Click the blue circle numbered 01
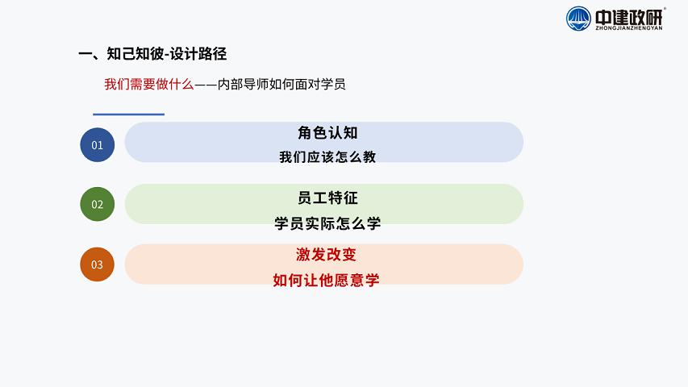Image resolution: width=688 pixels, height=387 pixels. coord(98,145)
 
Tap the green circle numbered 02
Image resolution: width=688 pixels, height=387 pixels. coord(98,204)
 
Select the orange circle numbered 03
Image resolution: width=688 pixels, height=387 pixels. coord(97,264)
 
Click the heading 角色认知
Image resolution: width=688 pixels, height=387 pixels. coord(327,132)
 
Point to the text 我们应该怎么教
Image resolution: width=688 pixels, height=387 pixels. coord(327,156)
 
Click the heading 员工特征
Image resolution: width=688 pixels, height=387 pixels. coord(327,198)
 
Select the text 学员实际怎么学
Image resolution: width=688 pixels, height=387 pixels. coord(327,223)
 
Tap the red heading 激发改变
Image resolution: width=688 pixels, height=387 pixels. coord(326,254)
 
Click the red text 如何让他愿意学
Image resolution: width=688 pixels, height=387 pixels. coord(326,280)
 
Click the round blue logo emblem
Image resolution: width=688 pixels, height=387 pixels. coord(578,19)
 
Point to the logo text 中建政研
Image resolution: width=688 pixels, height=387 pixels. coord(629,17)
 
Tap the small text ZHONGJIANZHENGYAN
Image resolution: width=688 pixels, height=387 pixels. coord(629,28)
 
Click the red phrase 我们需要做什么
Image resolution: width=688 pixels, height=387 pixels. coord(148,84)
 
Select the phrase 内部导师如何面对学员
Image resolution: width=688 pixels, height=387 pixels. coord(281,84)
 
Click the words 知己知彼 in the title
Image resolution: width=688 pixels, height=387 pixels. coord(135,53)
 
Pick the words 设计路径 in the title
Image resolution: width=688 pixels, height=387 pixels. coord(198,53)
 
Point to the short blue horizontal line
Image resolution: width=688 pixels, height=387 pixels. coord(128,114)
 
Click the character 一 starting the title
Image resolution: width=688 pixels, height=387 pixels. coord(85,54)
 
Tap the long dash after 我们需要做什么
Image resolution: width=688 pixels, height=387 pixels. coord(206,84)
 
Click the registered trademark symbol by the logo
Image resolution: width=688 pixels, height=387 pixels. coord(665,8)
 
